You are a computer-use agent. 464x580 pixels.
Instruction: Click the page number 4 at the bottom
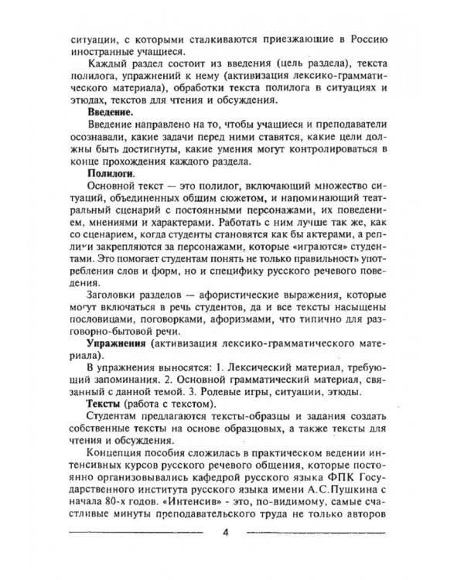coord(225,534)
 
